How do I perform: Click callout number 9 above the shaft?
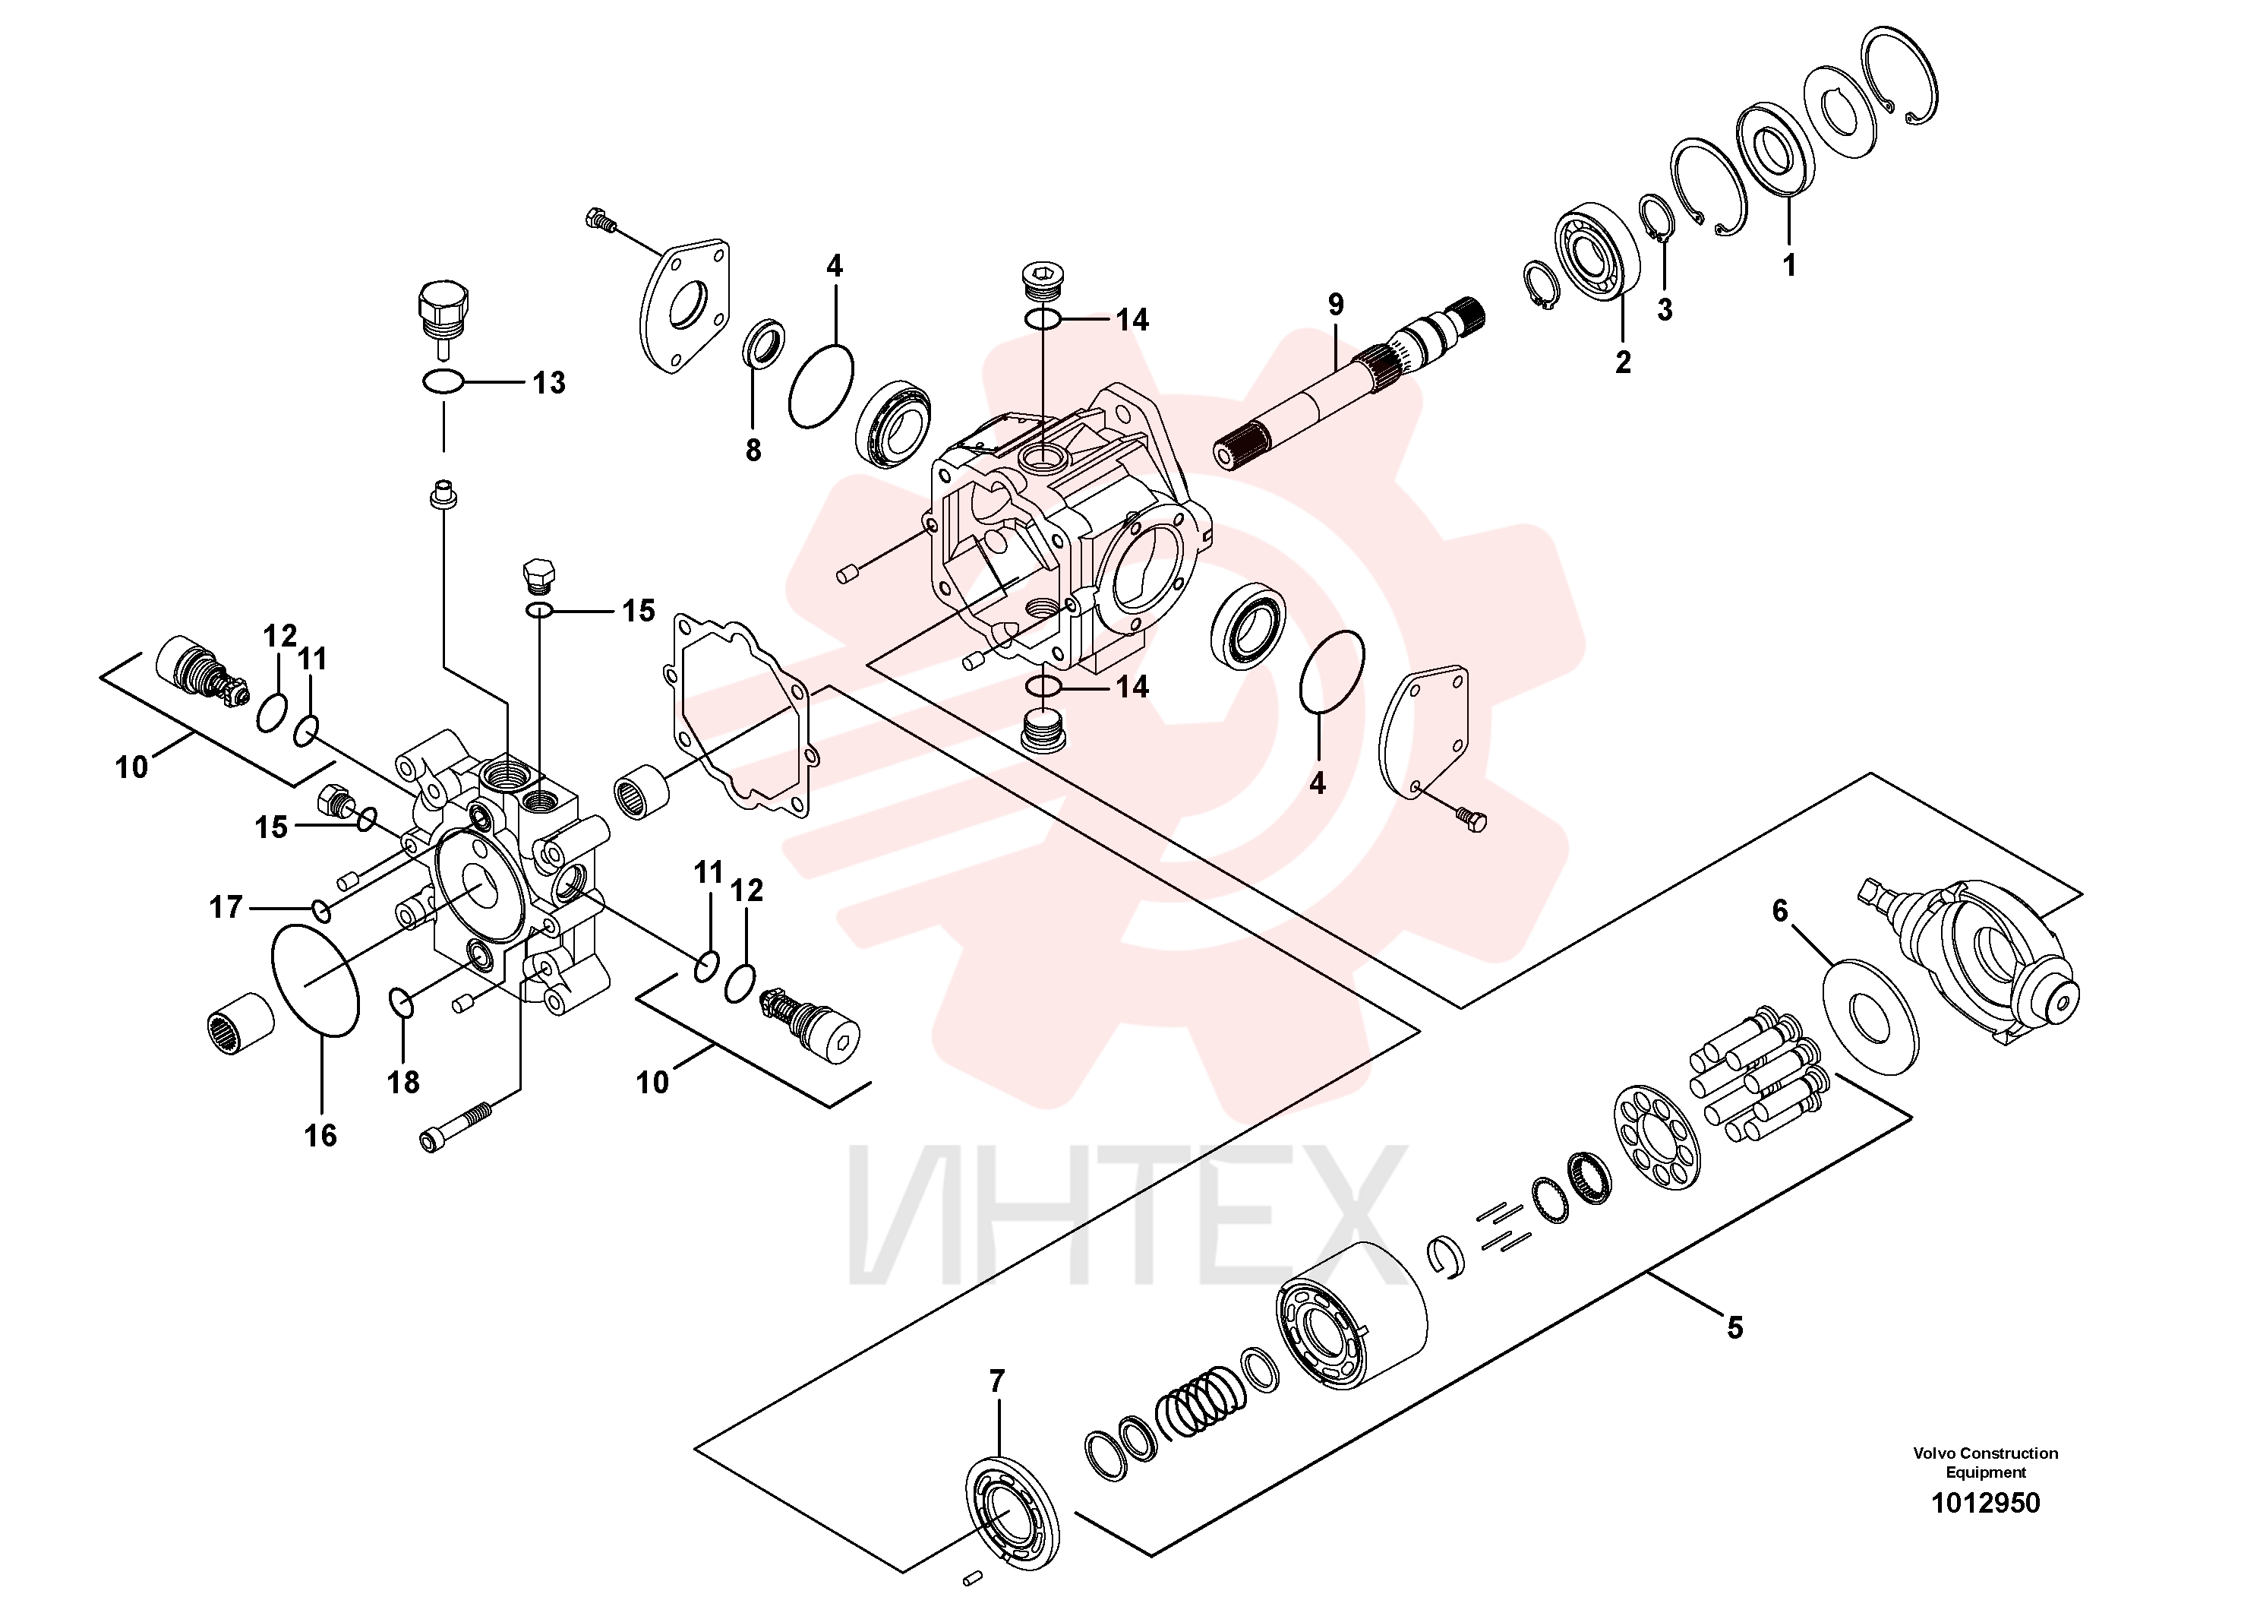[x=1336, y=305]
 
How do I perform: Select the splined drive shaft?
[x=1349, y=384]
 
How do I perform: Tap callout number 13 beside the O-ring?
[x=549, y=383]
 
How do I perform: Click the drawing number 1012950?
[x=1985, y=1503]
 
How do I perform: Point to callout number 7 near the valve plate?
[x=997, y=1382]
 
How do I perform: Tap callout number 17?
[x=226, y=907]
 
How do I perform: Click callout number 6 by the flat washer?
[x=1779, y=911]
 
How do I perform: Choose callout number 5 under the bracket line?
[x=1735, y=1328]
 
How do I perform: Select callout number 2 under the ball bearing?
[x=1623, y=362]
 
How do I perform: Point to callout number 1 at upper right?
[x=1789, y=265]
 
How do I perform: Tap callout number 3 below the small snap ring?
[x=1665, y=309]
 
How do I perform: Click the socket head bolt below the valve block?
[x=455, y=1127]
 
